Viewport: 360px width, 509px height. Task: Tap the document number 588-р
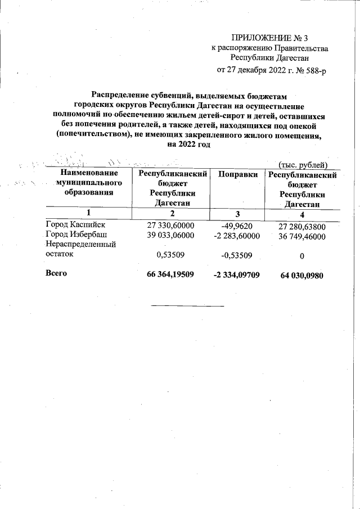315,70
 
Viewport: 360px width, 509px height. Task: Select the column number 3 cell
237,214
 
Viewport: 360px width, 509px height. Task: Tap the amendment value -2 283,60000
237,236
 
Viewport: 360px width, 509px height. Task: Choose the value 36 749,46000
302,237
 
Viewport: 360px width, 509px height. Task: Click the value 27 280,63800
302,227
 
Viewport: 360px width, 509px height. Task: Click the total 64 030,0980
302,276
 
